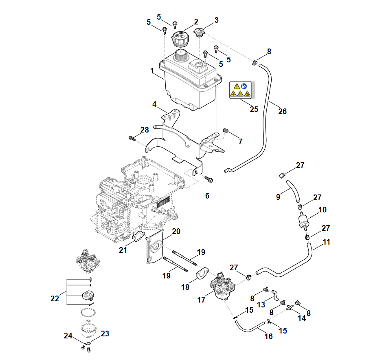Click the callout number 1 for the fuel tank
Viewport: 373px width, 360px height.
152,71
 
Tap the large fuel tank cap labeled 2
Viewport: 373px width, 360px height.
180,39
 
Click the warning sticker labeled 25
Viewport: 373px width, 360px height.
241,90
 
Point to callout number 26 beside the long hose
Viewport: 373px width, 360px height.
282,111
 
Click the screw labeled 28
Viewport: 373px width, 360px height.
132,138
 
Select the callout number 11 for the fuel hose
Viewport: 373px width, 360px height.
326,242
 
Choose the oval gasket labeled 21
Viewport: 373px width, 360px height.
138,236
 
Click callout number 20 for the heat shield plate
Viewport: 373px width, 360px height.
176,232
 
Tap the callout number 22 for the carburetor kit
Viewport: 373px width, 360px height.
55,298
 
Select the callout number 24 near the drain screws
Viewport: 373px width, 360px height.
68,336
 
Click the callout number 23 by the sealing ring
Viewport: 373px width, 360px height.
105,334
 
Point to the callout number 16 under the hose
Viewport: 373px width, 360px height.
268,336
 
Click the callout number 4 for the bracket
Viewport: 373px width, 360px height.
155,104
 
